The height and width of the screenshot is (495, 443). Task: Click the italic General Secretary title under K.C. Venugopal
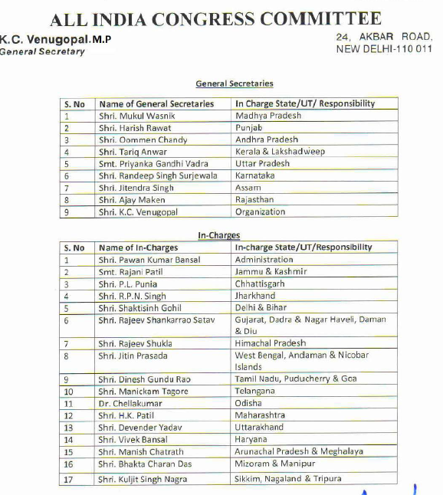pos(43,51)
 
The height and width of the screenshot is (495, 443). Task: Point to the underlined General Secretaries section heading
pos(235,84)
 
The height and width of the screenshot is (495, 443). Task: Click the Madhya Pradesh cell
pos(268,116)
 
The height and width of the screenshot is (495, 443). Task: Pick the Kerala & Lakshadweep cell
pos(280,152)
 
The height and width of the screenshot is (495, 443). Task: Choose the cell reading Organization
pos(260,212)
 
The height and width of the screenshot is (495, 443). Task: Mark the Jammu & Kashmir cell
pos(271,272)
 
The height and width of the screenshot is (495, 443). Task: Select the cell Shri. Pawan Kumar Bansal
pos(149,260)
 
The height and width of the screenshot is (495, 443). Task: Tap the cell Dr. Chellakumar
pos(126,403)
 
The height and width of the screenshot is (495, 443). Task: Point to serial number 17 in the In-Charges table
pos(69,479)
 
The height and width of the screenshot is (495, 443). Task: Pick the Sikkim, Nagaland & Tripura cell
pos(288,479)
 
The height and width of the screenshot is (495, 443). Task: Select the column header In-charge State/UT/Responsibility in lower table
pos(304,247)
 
